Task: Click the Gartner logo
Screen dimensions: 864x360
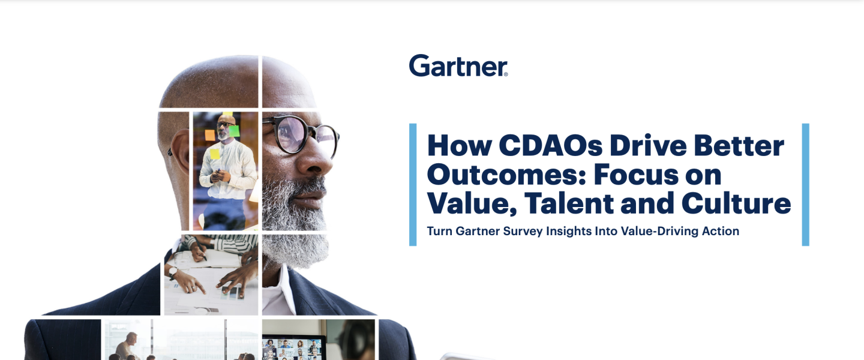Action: pos(458,65)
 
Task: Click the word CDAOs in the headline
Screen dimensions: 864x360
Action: pos(550,146)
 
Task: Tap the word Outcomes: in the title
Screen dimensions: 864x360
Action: pos(506,175)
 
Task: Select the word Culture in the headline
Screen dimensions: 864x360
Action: pos(736,203)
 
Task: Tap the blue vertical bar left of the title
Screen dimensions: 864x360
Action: pos(413,184)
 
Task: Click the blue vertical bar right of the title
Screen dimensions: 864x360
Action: pos(805,184)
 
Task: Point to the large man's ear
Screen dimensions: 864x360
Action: pos(178,151)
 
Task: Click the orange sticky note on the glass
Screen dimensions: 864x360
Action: pos(210,135)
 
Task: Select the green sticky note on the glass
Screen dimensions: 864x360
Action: pos(234,131)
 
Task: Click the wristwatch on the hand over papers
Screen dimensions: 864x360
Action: pos(172,272)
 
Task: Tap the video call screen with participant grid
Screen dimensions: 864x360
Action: pos(293,349)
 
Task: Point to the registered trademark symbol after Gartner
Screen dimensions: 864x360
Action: pos(506,74)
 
